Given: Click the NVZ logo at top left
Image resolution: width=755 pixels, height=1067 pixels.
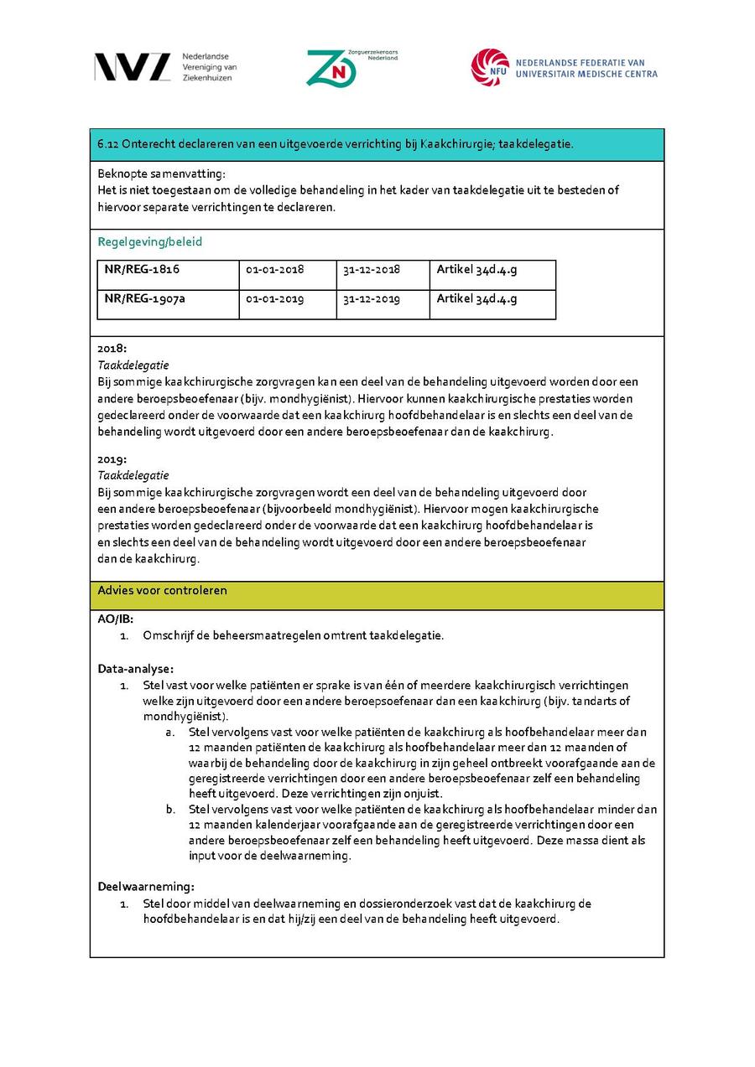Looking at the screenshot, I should [133, 67].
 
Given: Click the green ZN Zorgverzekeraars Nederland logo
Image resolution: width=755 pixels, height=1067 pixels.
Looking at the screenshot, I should [331, 68].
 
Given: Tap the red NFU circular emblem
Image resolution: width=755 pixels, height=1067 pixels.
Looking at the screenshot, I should [489, 67].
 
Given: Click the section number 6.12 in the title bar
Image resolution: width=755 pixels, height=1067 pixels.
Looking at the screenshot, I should [107, 144].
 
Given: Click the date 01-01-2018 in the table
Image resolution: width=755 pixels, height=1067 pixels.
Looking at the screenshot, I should [275, 270].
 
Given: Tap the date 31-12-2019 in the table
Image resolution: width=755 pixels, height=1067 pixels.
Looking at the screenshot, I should [372, 299].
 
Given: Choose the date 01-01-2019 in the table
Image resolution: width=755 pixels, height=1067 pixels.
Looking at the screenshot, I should [275, 299].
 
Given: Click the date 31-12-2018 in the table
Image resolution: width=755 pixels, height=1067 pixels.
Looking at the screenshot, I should [372, 270].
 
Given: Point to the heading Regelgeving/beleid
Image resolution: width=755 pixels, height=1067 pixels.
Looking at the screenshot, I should [150, 242].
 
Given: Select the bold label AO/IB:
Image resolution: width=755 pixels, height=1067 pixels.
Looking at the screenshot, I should [116, 619].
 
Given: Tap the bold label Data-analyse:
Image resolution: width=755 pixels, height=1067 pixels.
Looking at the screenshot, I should [136, 669].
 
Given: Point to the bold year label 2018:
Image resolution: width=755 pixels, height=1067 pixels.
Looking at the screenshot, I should [112, 348].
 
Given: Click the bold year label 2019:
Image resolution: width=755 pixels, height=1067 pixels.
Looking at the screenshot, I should [112, 459].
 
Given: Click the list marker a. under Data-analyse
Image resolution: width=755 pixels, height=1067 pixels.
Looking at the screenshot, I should [170, 732].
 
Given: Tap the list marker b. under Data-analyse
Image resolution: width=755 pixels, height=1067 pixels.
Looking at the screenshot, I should [170, 810].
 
